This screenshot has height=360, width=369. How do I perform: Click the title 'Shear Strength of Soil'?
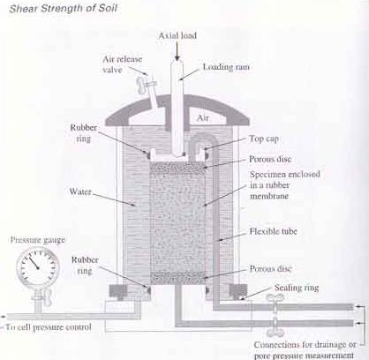pyautogui.click(x=64, y=8)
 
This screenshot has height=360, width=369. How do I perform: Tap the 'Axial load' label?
pyautogui.click(x=177, y=35)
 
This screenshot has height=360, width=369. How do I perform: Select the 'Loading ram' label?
pyautogui.click(x=226, y=67)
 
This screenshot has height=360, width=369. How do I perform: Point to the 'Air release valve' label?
pyautogui.click(x=122, y=64)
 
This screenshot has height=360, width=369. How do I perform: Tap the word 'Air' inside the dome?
pyautogui.click(x=203, y=118)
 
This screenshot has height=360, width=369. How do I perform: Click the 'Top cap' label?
pyautogui.click(x=264, y=139)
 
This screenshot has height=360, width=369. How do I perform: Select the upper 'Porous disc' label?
pyautogui.click(x=270, y=159)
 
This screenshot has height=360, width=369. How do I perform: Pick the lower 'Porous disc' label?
pyautogui.click(x=271, y=268)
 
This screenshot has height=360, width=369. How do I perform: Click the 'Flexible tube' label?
pyautogui.click(x=273, y=231)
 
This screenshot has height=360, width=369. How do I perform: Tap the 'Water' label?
pyautogui.click(x=80, y=191)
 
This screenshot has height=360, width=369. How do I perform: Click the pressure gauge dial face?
pyautogui.click(x=38, y=267)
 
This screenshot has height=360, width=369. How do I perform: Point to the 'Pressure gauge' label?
pyautogui.click(x=38, y=240)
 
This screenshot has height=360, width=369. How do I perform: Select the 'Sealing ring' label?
pyautogui.click(x=297, y=288)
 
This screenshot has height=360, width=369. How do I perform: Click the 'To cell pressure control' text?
pyautogui.click(x=49, y=327)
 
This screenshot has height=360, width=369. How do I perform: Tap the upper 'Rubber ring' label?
pyautogui.click(x=84, y=133)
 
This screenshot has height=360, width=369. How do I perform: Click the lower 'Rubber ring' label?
pyautogui.click(x=85, y=266)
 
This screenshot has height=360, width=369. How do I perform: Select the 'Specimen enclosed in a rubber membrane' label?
pyautogui.click(x=285, y=185)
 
